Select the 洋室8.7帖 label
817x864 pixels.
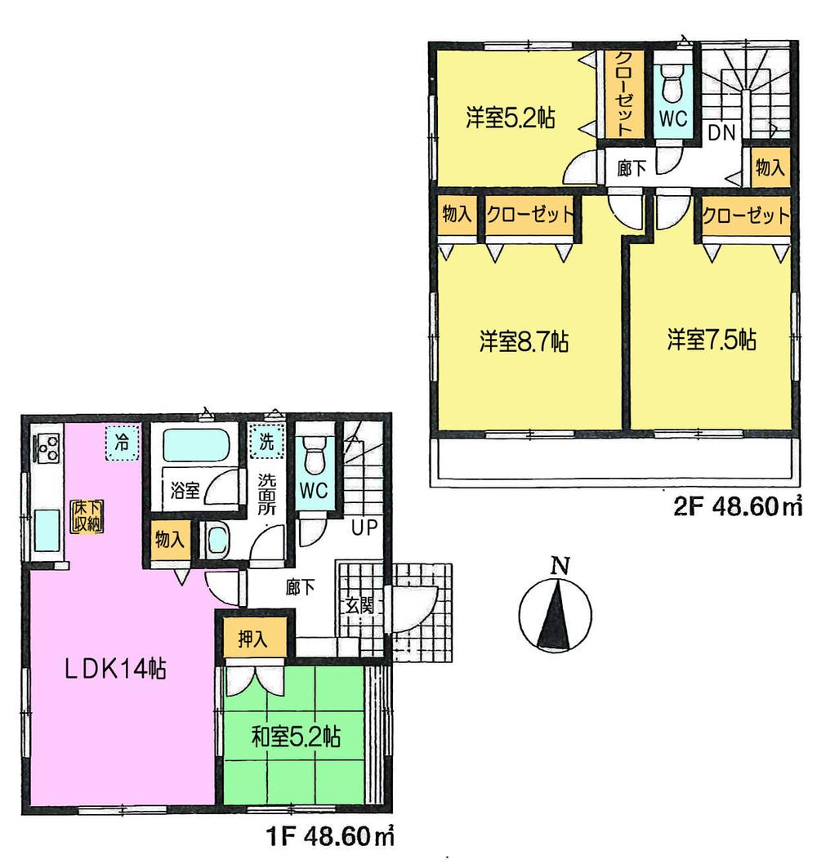[523, 341]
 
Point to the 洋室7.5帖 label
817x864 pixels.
[710, 340]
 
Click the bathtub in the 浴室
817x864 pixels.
[194, 448]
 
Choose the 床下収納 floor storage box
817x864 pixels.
[86, 516]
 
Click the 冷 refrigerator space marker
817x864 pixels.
[122, 444]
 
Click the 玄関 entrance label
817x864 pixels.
[359, 606]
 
